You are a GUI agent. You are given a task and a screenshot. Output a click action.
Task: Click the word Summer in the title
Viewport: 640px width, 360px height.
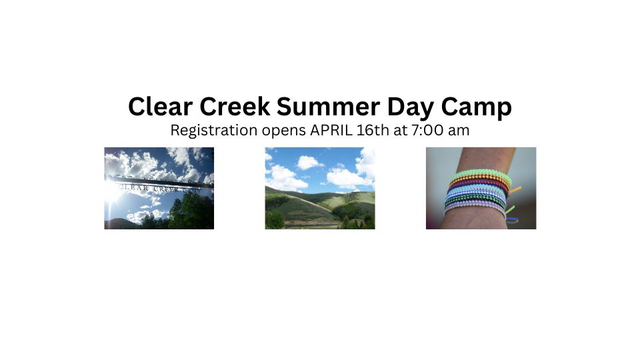coord(328,106)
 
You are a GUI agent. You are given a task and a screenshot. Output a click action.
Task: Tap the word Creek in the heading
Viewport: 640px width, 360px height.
coord(235,106)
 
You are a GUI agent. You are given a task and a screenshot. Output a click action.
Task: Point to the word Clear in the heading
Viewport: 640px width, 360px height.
coord(161,106)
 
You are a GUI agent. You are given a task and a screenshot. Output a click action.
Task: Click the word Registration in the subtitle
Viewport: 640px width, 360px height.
coord(214,131)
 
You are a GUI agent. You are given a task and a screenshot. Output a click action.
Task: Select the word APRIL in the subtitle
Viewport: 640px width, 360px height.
coord(331,130)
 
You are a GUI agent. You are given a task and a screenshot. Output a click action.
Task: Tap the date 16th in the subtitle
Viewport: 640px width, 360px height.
coord(373,130)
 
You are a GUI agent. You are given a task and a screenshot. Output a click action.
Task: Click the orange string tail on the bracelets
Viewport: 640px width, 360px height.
coord(515,190)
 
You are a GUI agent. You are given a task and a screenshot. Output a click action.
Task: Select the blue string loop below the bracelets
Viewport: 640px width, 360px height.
coord(513,220)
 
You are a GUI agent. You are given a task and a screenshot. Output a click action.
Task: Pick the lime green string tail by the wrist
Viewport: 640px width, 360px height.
coord(510,210)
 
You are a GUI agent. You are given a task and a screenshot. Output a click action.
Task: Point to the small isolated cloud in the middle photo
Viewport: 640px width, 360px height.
coord(308,163)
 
